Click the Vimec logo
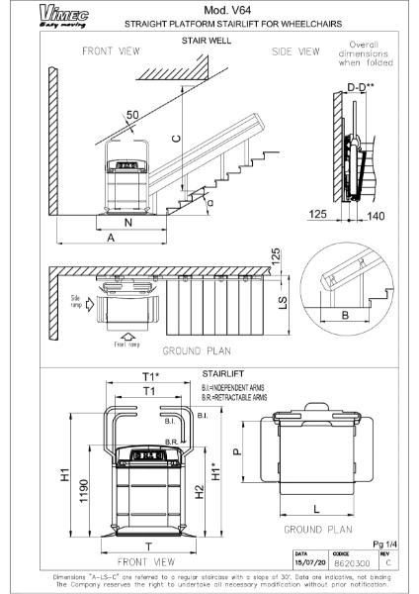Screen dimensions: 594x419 (x=32, y=12)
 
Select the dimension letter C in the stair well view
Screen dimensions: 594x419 (x=174, y=139)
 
